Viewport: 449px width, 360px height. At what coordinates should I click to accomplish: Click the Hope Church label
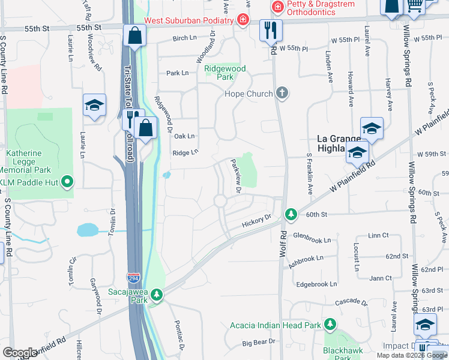pos(249,94)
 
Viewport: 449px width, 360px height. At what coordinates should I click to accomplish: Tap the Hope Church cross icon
pos(282,93)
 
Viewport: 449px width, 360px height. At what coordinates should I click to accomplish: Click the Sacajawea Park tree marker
pos(157,294)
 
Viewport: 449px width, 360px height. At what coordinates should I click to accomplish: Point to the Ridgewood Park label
pos(226,73)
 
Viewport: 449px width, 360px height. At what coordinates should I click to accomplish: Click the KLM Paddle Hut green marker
pos(68,181)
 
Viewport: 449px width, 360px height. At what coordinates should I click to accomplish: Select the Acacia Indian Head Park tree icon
pos(330,325)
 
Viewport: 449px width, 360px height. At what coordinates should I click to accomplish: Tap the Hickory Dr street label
pos(257,221)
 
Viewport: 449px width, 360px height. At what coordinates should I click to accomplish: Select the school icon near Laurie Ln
pos(95,106)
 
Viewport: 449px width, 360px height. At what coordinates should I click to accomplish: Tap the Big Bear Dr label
pos(258,342)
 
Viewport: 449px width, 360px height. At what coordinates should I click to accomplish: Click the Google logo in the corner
pos(20,353)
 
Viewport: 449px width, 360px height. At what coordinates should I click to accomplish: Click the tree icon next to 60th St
pos(291,214)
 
